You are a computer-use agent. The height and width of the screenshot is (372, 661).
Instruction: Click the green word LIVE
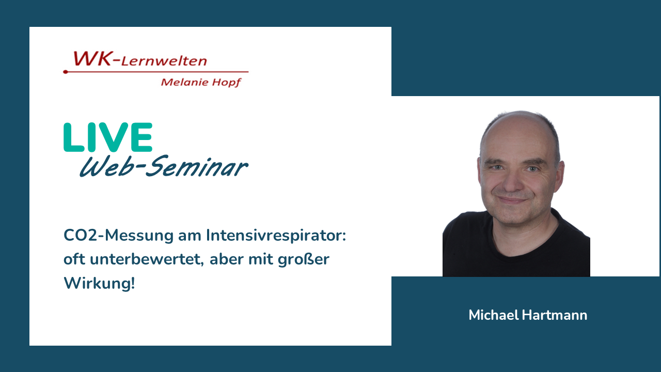(x=108, y=137)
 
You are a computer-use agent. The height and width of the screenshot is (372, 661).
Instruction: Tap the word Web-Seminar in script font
(x=164, y=166)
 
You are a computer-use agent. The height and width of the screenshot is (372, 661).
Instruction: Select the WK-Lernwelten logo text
(x=140, y=59)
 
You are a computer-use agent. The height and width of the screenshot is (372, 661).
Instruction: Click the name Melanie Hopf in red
(x=201, y=82)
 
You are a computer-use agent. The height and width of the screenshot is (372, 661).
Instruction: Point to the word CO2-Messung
(x=119, y=236)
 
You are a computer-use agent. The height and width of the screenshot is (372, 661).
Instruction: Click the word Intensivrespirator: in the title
(x=276, y=236)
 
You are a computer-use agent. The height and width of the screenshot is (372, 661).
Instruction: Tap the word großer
(x=304, y=260)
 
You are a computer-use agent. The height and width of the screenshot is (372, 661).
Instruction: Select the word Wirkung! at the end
(x=99, y=284)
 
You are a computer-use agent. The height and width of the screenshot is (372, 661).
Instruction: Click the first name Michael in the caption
(x=494, y=315)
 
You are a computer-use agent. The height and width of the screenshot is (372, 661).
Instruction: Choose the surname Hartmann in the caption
(x=555, y=315)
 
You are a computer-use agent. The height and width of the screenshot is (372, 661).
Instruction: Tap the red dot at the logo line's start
(x=66, y=72)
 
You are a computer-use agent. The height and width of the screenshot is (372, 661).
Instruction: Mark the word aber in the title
(x=227, y=259)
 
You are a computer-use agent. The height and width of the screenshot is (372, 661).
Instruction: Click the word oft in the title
(x=74, y=259)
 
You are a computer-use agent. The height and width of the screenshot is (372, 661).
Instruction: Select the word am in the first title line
(x=190, y=236)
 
